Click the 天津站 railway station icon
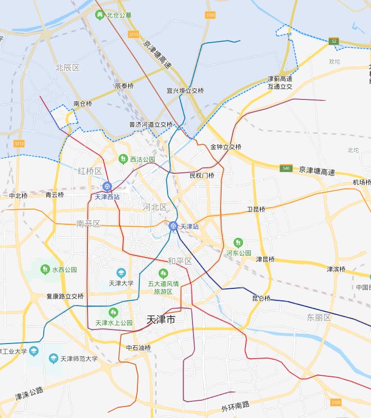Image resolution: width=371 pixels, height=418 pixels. pos(173,226)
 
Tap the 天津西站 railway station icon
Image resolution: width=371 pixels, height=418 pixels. pos(107,187)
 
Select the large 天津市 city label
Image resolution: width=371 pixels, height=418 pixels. pos(161,320)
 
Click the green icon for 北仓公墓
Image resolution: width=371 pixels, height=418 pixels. pos(99,15)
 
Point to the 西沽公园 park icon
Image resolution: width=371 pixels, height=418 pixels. pos(123,159)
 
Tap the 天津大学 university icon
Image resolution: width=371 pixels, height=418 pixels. pos(121,273)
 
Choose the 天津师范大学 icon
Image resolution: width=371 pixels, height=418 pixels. pos(54,358)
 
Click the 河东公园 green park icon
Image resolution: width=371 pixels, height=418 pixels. pos(238,243)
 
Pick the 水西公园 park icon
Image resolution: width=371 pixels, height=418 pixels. pos(45,269)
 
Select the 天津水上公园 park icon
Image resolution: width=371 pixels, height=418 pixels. pos(113,312)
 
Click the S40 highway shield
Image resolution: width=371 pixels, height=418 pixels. pos(286,168)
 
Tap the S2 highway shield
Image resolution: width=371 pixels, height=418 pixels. pos(334,41)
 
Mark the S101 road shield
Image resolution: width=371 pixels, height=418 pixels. pos(210,16)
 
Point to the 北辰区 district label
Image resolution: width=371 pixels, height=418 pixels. pos(68,68)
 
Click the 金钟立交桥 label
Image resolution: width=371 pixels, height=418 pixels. pos(226,147)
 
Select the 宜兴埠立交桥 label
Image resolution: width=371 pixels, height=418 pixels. pos(185,91)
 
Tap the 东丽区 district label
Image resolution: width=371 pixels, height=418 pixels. pos(318,317)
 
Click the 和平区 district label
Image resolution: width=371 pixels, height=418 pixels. pos(180,261)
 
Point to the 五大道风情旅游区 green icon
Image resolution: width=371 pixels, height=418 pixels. pos(163,273)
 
